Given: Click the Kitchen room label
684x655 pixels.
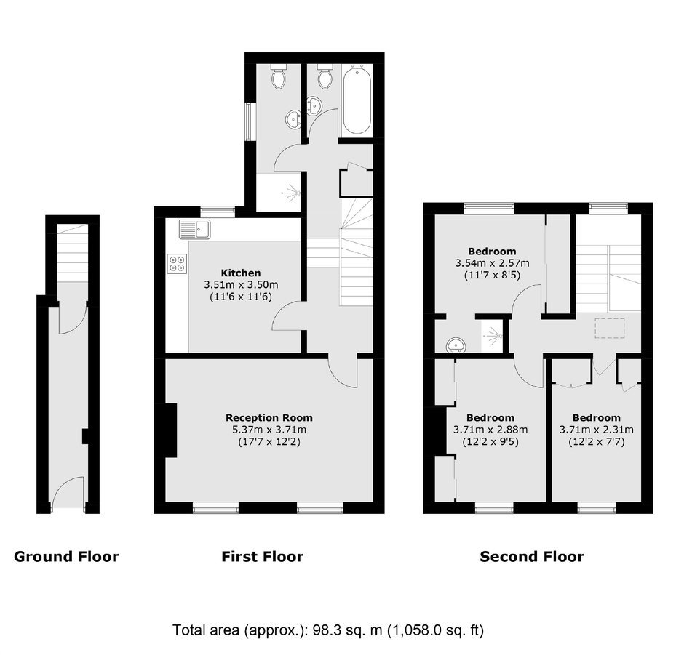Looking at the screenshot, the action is (241, 273).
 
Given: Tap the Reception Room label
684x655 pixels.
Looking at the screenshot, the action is (269, 417).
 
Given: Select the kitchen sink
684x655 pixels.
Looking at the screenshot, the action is (194, 229).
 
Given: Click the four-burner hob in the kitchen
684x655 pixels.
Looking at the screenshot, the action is (178, 264).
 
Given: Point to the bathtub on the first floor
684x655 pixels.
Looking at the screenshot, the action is (357, 100).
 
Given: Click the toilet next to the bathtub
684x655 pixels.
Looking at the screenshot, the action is (324, 76).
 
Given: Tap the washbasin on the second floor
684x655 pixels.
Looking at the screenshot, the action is (456, 345).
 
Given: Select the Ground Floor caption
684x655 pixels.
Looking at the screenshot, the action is (66, 557).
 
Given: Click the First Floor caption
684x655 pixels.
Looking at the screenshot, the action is (262, 557).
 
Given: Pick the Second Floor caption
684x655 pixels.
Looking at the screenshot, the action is (532, 557).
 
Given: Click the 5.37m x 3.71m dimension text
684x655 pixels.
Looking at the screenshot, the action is (269, 430).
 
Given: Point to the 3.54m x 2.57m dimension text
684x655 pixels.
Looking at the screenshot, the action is (492, 263).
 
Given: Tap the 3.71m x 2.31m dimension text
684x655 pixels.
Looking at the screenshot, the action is (597, 430).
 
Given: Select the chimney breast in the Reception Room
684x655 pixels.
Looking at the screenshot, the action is (171, 430).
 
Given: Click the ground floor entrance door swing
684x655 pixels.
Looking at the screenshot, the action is (68, 492).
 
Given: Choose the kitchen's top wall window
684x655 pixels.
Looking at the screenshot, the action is (218, 212).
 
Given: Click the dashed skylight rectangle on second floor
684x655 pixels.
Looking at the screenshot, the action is (609, 328).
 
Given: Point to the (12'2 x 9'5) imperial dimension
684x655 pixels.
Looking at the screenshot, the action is (490, 442).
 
